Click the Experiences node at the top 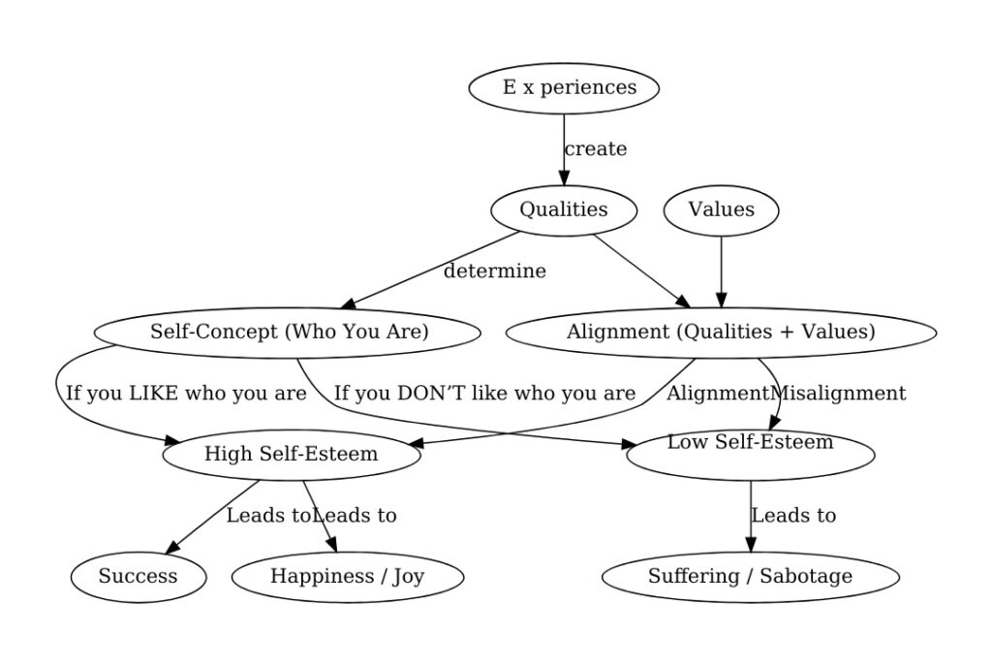(564, 88)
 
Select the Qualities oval (564, 209)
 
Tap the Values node (721, 209)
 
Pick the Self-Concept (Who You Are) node (288, 332)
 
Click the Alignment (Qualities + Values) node (721, 332)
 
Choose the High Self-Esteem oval (291, 454)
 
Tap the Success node (139, 576)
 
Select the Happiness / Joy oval (347, 576)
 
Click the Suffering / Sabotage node (750, 576)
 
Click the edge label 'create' (596, 149)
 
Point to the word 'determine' (495, 271)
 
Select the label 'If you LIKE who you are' (186, 394)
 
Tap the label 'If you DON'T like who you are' (484, 394)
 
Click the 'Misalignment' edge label (838, 394)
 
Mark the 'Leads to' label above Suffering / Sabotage (793, 516)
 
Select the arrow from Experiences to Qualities (564, 145)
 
